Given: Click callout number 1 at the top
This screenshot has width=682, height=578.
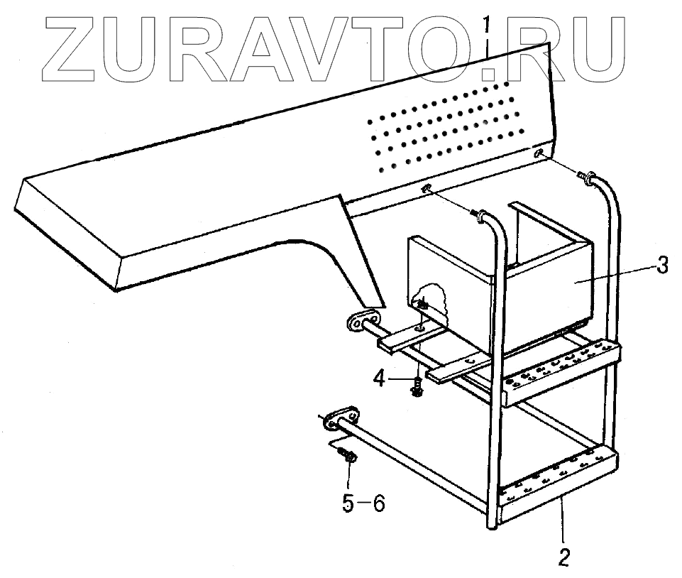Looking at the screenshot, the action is [x=487, y=26].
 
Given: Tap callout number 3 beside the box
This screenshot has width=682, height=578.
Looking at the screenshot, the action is [x=661, y=266].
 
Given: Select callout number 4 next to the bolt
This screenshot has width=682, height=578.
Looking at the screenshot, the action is [x=380, y=378].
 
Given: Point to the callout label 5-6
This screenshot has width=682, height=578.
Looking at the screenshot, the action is [x=363, y=503].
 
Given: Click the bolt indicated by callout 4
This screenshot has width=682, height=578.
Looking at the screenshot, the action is [x=418, y=387].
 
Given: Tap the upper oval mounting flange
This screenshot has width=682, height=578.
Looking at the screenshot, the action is [x=363, y=321].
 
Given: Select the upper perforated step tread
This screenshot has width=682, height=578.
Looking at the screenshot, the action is [x=561, y=368].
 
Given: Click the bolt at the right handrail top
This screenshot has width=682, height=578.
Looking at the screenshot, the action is [x=586, y=175].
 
